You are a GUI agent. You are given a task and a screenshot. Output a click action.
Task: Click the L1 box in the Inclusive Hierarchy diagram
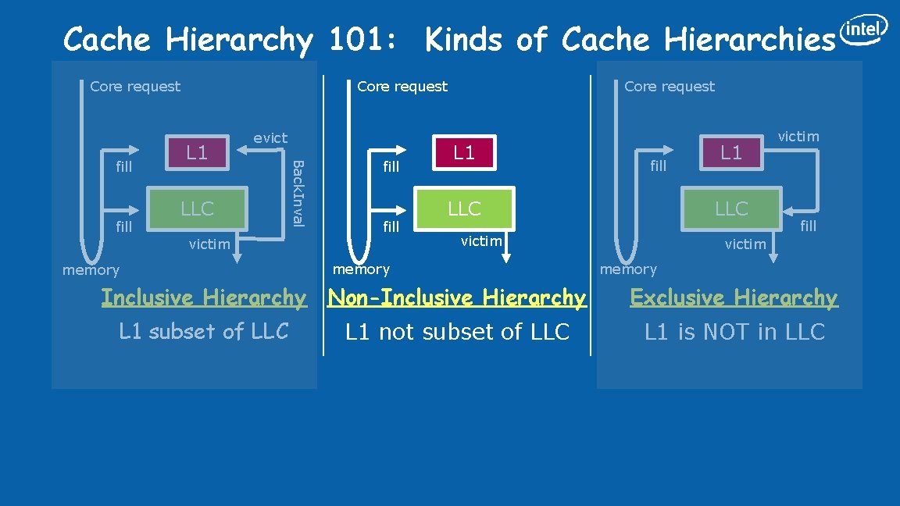197,151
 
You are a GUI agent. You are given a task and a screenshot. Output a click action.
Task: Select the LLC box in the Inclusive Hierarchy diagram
197,208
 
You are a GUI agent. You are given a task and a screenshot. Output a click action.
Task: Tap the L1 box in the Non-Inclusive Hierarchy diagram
464,151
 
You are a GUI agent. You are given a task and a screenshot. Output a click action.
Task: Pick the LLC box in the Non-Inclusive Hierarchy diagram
464,208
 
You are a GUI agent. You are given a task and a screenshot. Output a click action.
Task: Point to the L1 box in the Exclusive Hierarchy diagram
731,151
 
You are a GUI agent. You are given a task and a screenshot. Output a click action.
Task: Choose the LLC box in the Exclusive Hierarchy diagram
731,208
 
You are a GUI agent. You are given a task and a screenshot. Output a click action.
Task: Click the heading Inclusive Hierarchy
204,298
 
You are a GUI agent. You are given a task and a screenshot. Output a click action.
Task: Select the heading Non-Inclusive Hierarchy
457,298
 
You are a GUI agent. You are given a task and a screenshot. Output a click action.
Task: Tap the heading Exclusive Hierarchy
734,298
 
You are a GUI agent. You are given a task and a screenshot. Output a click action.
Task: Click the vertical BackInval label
297,192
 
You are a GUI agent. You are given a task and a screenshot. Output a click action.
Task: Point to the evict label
270,138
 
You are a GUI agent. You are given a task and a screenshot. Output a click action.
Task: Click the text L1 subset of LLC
204,331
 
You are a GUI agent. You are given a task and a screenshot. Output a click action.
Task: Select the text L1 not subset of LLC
457,332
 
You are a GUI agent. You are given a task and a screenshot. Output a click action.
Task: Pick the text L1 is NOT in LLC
734,332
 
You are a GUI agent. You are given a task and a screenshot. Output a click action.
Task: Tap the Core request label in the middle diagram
402,87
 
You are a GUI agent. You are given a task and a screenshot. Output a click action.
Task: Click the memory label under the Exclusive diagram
628,269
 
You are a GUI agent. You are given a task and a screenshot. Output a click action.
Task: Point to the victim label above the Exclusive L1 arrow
798,137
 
